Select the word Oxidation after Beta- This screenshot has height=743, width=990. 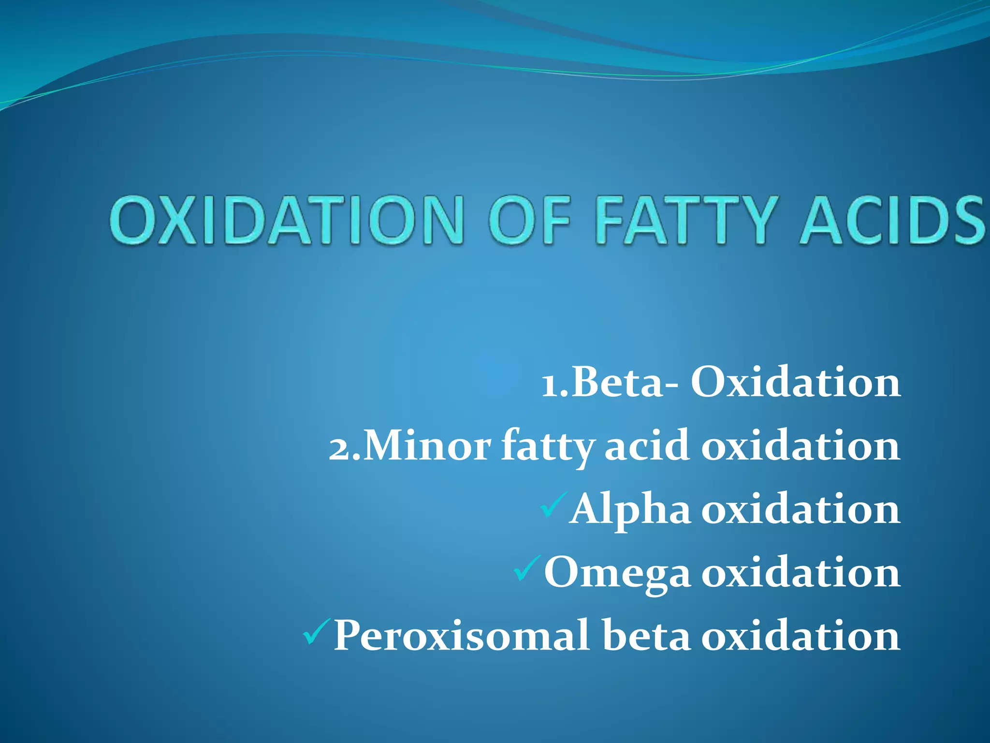[796, 383]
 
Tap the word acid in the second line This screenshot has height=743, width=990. [647, 446]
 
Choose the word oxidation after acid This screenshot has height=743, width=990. [801, 446]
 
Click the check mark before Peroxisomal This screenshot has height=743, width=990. [317, 631]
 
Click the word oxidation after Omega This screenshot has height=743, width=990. [801, 573]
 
